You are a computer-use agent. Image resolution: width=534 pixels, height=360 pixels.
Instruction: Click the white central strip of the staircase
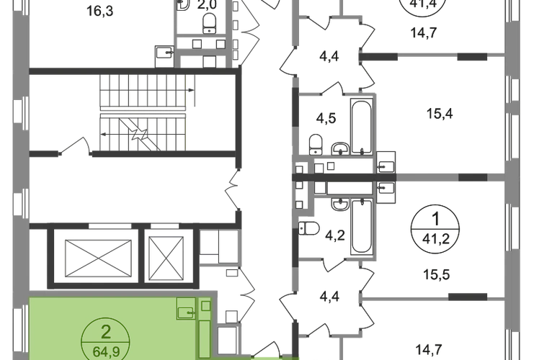coord(143,114)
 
